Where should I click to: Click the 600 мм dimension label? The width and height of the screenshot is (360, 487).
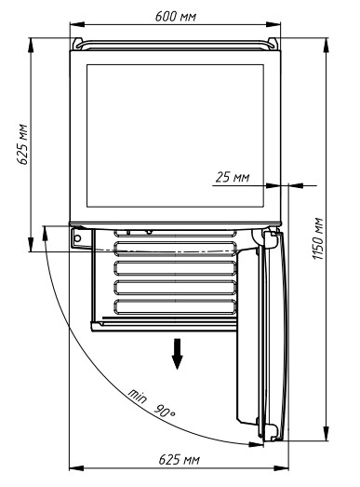[175, 16]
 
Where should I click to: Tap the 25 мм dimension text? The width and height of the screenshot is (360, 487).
[233, 177]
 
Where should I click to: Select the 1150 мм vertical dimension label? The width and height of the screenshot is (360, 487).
[318, 238]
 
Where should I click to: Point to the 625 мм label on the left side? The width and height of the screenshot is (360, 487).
[22, 144]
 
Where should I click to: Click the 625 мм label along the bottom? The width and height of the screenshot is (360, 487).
[179, 459]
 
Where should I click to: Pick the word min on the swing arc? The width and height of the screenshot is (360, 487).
[137, 396]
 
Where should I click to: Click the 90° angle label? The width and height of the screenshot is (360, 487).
[165, 411]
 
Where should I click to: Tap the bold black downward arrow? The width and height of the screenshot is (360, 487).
[177, 354]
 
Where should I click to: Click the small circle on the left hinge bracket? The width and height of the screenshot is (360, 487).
[77, 238]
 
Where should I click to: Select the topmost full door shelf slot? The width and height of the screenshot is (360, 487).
[175, 249]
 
